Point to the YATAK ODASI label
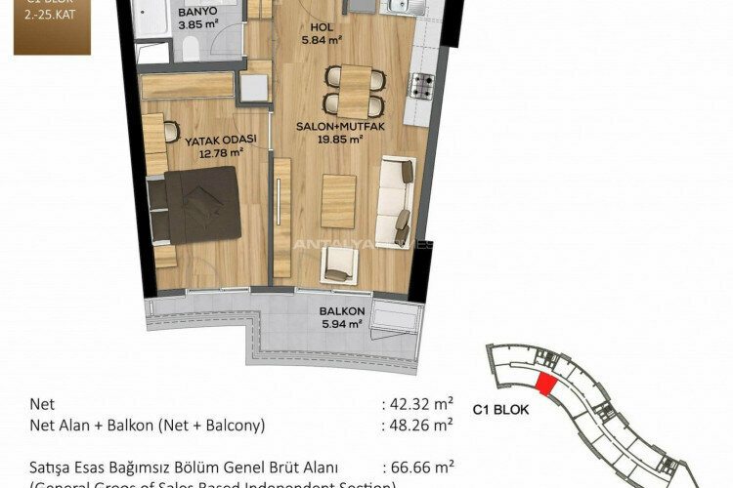(x=221, y=140)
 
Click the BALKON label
(x=341, y=313)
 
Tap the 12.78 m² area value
(x=220, y=152)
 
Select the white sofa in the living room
(x=396, y=200)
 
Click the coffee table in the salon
(x=338, y=201)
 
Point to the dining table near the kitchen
(x=355, y=90)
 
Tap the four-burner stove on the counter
(x=421, y=86)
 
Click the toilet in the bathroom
(x=191, y=52)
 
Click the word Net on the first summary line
(x=43, y=401)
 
